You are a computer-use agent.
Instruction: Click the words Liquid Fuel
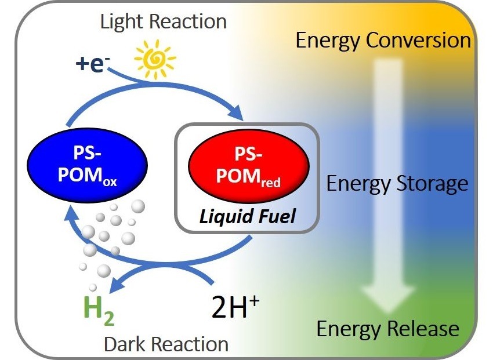[x=248, y=217]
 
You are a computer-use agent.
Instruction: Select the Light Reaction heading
[x=163, y=22]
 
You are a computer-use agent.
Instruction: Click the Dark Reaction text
[x=166, y=343]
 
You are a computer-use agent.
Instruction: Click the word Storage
[x=432, y=184]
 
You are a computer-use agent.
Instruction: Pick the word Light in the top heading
[x=122, y=22]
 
